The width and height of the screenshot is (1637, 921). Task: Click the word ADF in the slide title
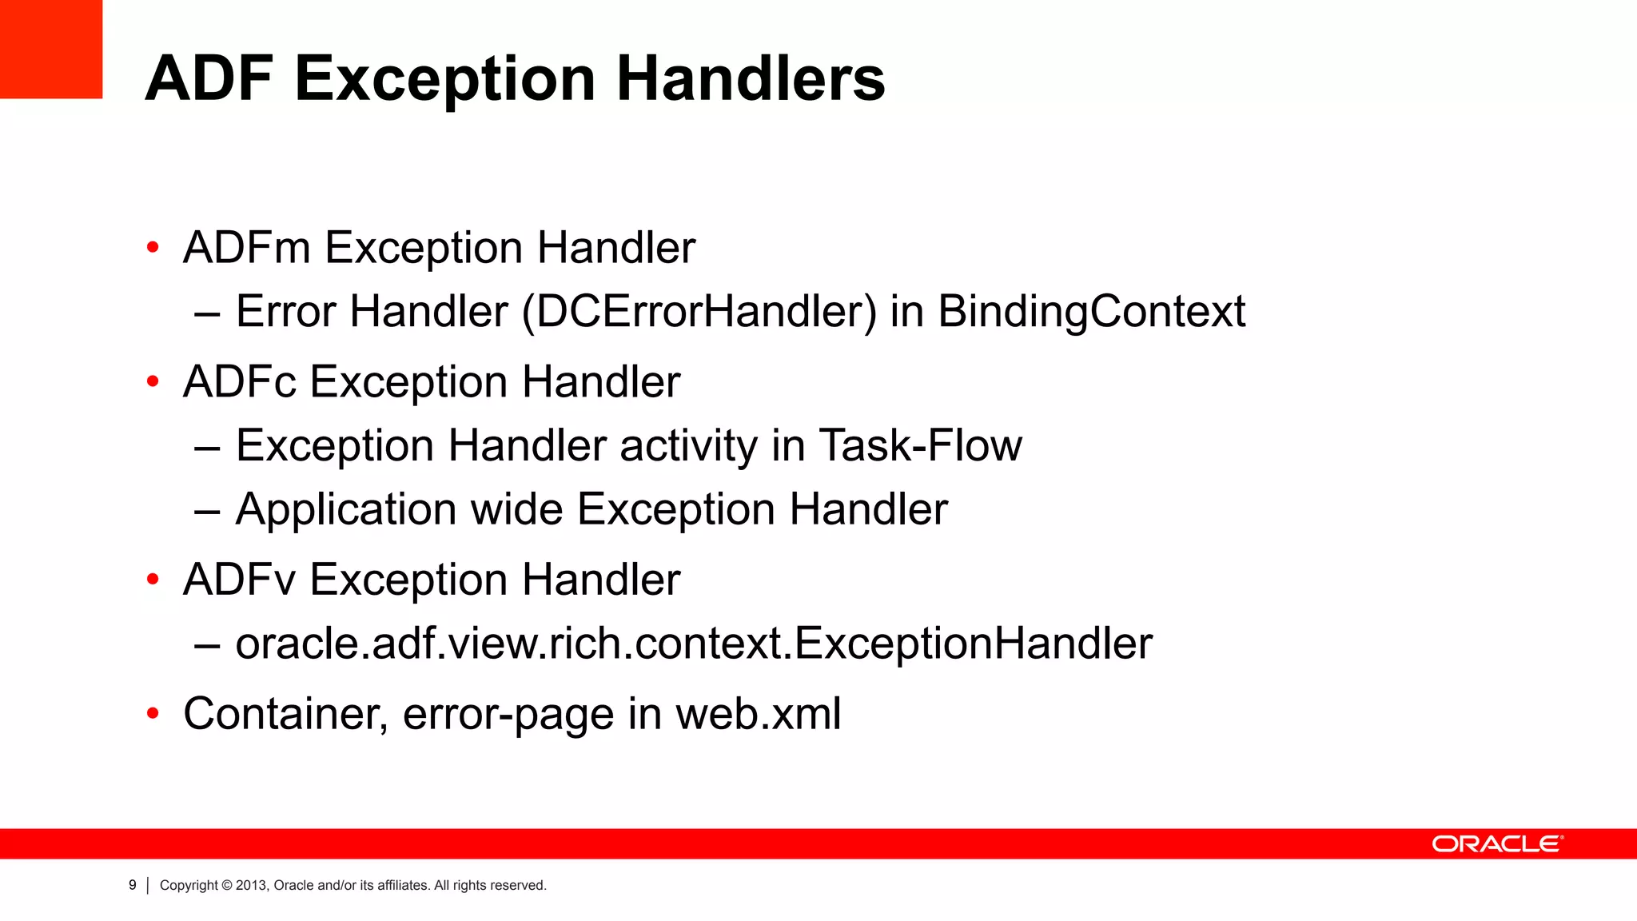(x=209, y=79)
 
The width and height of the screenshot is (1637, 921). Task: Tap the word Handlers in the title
(x=751, y=79)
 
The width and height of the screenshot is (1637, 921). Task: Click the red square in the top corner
(x=50, y=49)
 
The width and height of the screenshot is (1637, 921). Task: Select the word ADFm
(x=246, y=248)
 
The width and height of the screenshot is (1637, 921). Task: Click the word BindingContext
(x=1091, y=311)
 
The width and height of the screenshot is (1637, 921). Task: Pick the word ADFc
(x=239, y=381)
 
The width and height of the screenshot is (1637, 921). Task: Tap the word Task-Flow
(x=920, y=445)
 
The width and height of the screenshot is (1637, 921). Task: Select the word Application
(x=346, y=509)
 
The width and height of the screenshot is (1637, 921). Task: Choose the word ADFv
(x=239, y=580)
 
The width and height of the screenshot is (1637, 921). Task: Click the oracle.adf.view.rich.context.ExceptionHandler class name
(x=694, y=644)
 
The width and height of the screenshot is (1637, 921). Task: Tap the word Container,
(x=285, y=714)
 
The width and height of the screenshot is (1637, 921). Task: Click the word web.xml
(x=759, y=714)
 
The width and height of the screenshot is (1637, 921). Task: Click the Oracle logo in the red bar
(x=1497, y=844)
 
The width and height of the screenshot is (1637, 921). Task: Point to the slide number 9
(x=133, y=886)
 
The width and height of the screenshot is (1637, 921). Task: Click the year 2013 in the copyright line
(x=250, y=886)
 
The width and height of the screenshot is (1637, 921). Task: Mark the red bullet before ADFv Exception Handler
(x=153, y=580)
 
